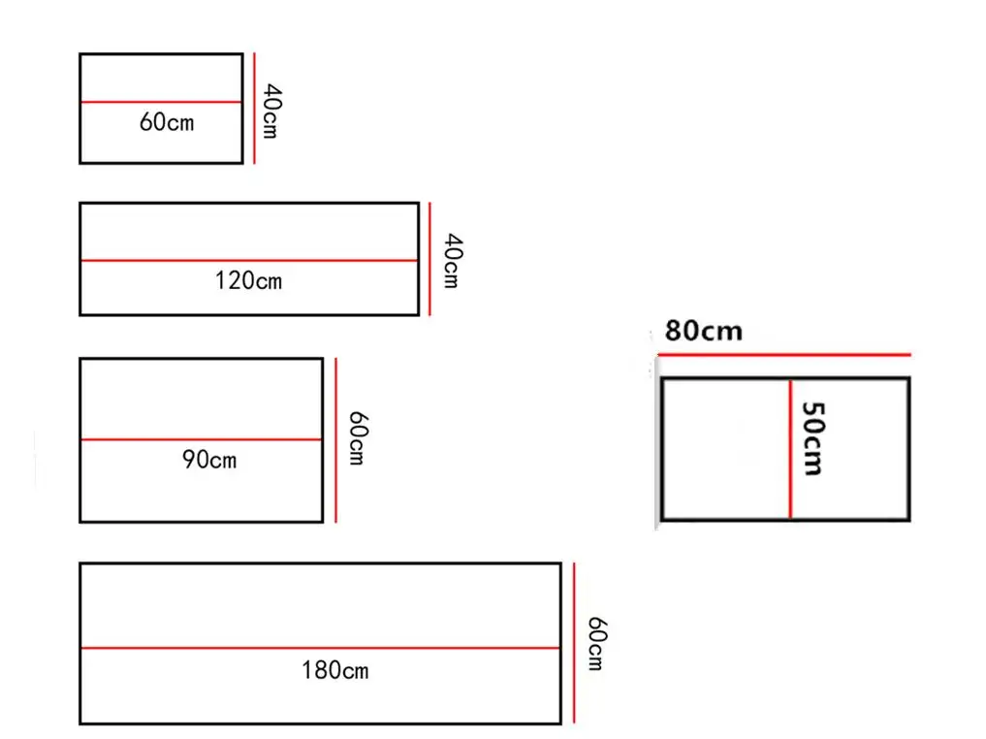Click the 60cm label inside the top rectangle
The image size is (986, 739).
pos(167,122)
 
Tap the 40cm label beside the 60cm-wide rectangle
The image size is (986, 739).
pos(270,112)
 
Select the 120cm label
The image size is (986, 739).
pos(248,281)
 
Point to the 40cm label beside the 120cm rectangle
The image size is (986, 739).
pos(451,260)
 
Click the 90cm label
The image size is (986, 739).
pos(209,459)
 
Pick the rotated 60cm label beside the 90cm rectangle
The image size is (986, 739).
pos(357,438)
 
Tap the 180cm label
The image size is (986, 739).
pos(334,669)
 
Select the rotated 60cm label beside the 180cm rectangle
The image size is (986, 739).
pos(595,644)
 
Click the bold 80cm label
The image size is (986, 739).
pos(703,331)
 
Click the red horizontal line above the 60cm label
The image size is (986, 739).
pos(161,102)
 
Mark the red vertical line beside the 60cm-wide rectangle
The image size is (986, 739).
pos(254,108)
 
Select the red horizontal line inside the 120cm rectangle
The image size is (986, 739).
pos(249,260)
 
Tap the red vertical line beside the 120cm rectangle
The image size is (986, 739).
pos(429,259)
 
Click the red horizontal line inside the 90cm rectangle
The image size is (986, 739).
pos(201,439)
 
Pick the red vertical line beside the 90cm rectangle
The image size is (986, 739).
pos(335,439)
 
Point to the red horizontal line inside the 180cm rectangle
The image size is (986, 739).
pos(320,647)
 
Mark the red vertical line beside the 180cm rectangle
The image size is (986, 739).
pos(574,643)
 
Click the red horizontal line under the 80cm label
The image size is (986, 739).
pos(783,355)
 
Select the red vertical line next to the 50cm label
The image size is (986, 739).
pos(790,448)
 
